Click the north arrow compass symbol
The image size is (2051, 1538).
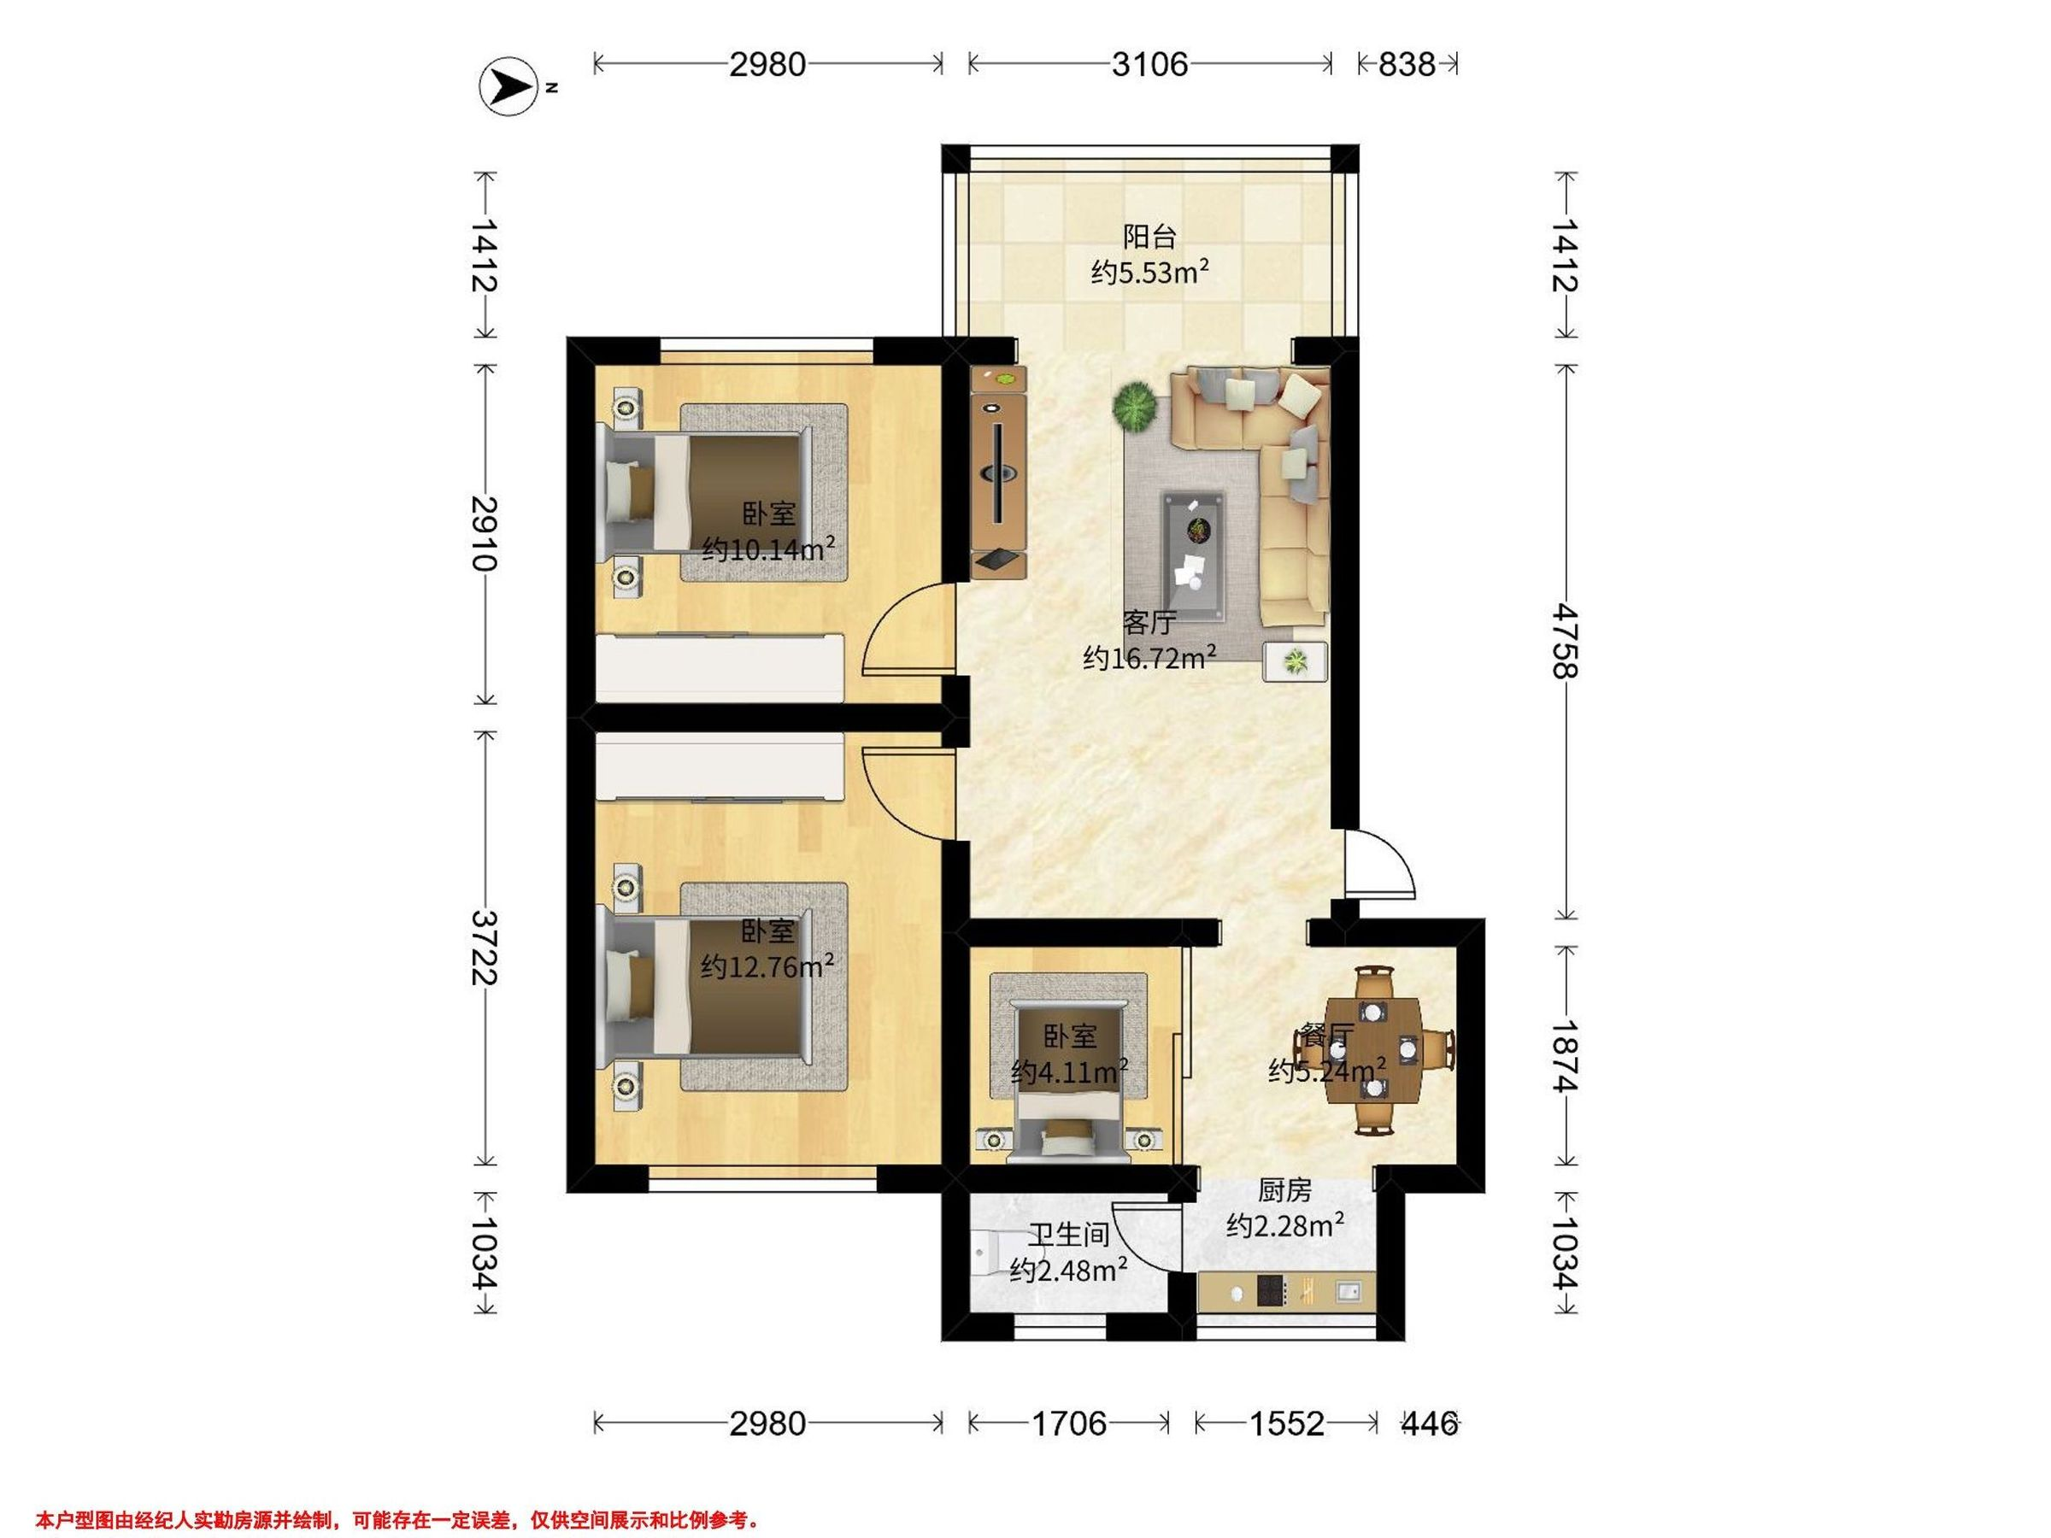click(507, 87)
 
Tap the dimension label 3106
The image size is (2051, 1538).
click(1149, 64)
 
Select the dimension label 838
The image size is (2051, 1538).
click(1407, 64)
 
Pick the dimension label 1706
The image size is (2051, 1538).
click(1069, 1423)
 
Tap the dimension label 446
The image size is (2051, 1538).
click(1429, 1423)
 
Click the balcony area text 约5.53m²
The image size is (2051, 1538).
click(1149, 273)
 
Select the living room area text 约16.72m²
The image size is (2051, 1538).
click(1149, 658)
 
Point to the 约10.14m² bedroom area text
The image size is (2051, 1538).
click(768, 549)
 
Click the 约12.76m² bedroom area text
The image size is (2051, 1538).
click(767, 967)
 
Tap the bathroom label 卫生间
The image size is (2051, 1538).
click(1069, 1235)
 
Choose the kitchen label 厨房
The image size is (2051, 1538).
click(1285, 1189)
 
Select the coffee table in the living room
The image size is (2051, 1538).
click(1194, 555)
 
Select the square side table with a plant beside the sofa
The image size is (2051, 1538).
click(1295, 662)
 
